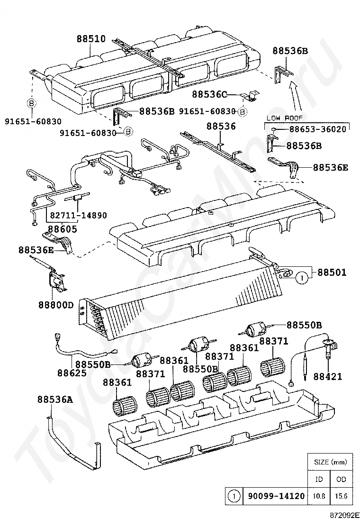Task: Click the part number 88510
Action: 91,39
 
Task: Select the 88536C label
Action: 209,94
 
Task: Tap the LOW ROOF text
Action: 284,118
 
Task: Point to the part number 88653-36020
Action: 318,129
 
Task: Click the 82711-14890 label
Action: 79,215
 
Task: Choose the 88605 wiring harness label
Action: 62,229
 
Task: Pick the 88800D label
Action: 56,305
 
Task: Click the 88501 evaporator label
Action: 332,272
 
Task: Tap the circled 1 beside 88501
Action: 302,278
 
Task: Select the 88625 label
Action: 72,373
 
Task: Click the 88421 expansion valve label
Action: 328,376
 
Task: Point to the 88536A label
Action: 55,400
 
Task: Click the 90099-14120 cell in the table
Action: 276,496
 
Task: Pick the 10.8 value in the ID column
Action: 319,496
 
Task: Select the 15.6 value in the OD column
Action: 341,496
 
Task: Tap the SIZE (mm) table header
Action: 331,462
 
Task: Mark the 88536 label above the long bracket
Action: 221,127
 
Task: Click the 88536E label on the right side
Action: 331,167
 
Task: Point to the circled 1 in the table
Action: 234,496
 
